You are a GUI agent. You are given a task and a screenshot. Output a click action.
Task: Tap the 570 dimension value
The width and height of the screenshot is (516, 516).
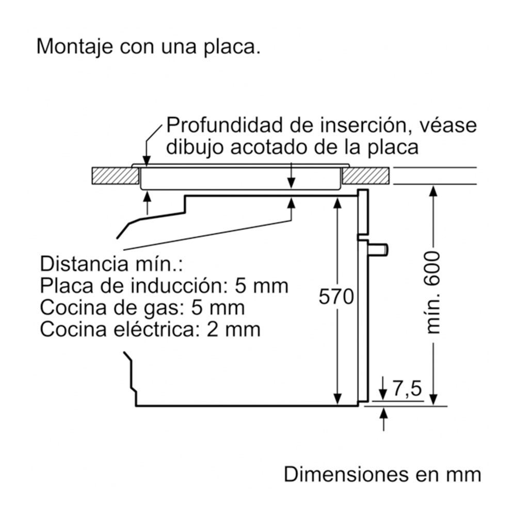click(336, 297)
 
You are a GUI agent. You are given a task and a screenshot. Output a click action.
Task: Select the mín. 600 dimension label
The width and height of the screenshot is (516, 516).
click(433, 292)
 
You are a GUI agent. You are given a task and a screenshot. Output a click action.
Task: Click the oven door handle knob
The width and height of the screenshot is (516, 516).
click(379, 249)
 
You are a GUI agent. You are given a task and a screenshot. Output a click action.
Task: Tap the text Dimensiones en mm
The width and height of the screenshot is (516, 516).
click(382, 475)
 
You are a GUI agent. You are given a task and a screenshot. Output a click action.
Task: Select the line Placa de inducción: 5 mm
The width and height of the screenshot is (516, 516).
click(164, 285)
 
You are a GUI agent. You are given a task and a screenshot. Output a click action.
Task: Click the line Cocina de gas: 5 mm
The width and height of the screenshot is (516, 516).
click(142, 308)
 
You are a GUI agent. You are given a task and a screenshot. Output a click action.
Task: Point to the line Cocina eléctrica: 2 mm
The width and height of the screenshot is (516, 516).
click(150, 329)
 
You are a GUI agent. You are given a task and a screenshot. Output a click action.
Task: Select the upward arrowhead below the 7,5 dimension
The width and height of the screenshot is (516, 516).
click(383, 412)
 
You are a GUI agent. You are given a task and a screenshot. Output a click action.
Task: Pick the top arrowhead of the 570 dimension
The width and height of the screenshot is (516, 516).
click(337, 202)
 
